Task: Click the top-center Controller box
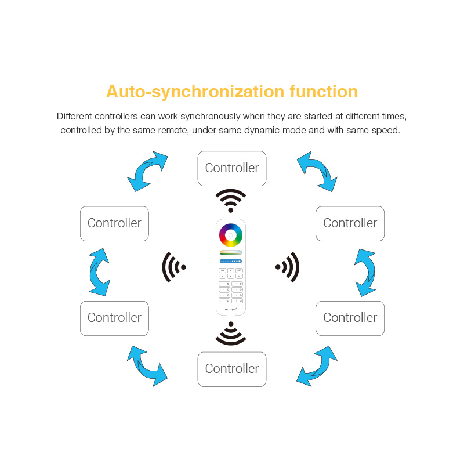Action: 232,168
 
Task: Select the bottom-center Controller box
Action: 232,369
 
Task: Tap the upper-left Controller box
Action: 114,223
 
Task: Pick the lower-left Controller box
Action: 114,318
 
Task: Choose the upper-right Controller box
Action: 350,223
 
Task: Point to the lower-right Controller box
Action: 350,318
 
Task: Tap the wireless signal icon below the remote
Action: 231,333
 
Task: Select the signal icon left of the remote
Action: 173,267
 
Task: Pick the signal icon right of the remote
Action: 288,267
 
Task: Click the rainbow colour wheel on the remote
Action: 231,235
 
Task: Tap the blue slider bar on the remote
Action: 231,262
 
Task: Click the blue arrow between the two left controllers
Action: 100,271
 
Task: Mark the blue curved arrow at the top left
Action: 147,171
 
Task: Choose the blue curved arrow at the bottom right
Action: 317,366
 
